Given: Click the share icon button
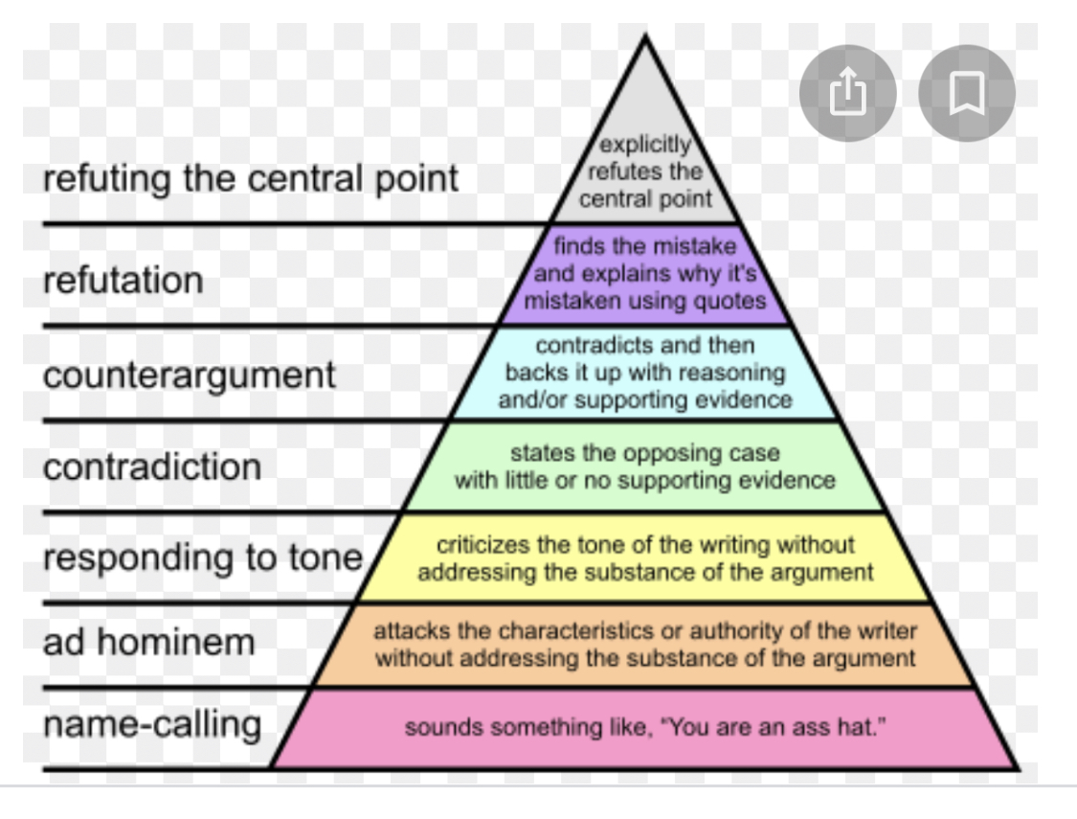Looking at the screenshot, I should click(846, 93).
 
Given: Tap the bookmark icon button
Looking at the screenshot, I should click(966, 93).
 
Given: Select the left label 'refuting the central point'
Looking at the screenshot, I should click(251, 179).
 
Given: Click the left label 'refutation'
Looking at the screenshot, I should click(123, 281).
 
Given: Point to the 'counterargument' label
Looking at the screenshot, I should click(190, 374).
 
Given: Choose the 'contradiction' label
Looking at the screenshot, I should click(152, 466).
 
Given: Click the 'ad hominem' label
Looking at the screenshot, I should click(148, 642).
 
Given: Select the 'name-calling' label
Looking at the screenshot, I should click(152, 724).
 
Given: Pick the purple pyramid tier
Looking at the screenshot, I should click(645, 274).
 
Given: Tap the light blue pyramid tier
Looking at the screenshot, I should click(645, 373).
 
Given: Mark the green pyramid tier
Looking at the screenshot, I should click(645, 466).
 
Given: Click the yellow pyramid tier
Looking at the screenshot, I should click(645, 558).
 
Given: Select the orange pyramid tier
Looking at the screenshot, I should click(645, 645).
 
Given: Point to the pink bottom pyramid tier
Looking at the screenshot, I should click(645, 728).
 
